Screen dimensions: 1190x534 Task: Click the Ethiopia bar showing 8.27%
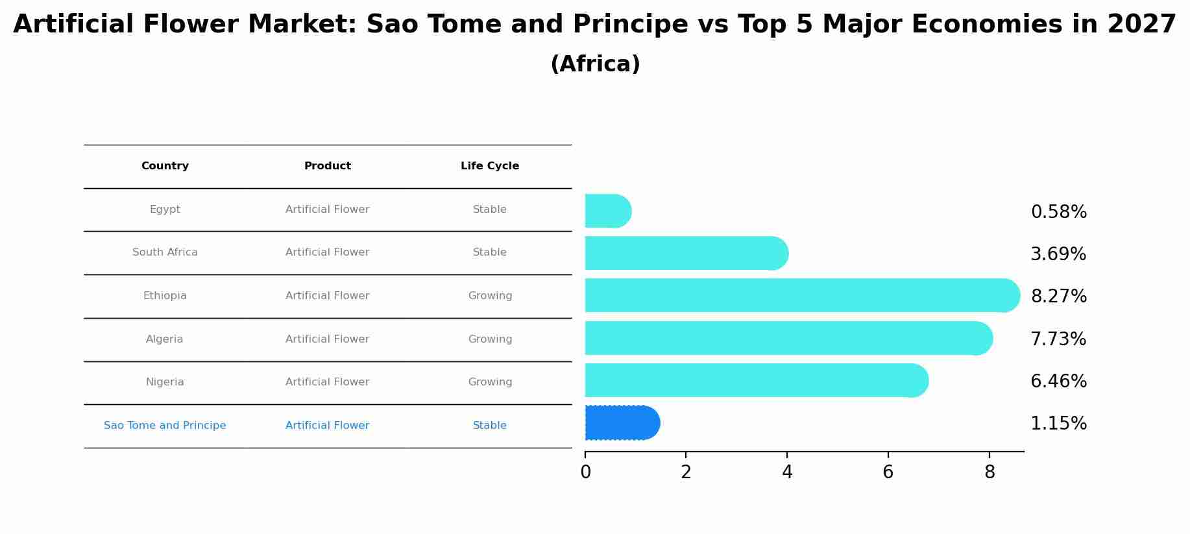(x=803, y=295)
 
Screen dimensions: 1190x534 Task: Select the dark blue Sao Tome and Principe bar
(x=622, y=423)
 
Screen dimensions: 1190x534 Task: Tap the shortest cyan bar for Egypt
(x=608, y=211)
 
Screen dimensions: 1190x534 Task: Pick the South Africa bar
(x=686, y=253)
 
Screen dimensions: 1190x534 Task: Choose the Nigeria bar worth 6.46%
(x=757, y=380)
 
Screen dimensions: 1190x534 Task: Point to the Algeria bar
(x=789, y=338)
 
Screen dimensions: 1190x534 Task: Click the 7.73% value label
(x=1058, y=339)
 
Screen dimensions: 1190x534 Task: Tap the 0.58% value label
(x=1058, y=212)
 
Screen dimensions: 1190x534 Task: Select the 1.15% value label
(x=1058, y=424)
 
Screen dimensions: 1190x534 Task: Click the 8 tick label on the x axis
(x=990, y=472)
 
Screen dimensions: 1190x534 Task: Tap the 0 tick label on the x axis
(x=585, y=472)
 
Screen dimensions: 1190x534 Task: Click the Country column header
(x=165, y=166)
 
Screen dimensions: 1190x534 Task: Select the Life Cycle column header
(x=490, y=166)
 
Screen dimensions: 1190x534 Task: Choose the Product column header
(x=328, y=166)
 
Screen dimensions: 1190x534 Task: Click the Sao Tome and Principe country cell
(x=165, y=426)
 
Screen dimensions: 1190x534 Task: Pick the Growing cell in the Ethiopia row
(x=490, y=296)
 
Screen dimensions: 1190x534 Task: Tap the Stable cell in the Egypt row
(x=490, y=210)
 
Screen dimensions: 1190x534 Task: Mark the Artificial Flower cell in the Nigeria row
(x=328, y=382)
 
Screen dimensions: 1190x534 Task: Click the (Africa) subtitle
(x=595, y=64)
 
